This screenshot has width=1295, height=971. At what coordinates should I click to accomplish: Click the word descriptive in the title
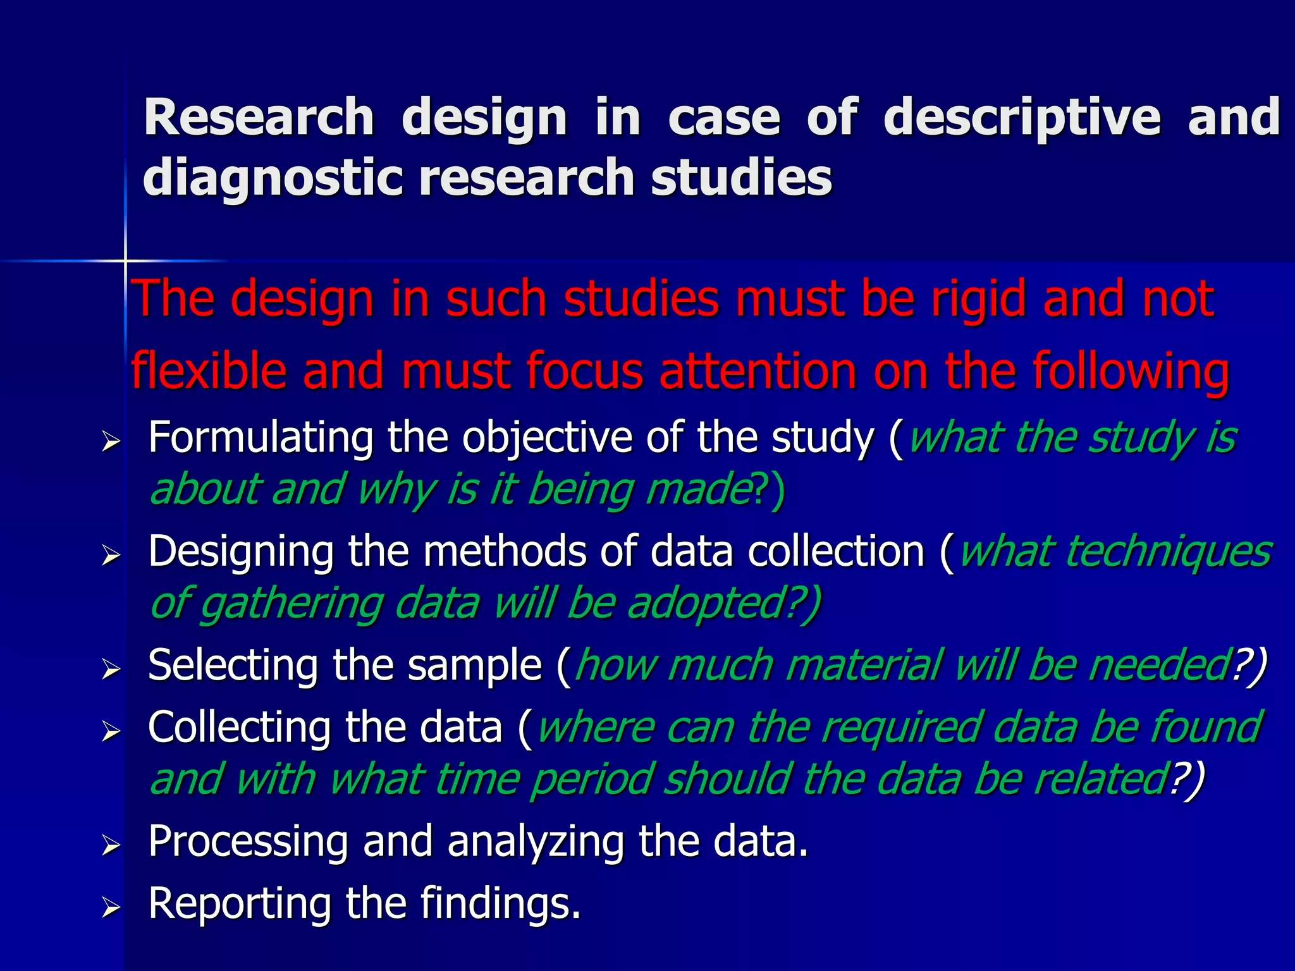click(x=1021, y=118)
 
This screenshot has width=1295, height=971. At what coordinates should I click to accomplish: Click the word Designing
click(x=241, y=551)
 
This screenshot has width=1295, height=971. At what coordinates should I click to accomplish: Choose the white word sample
click(x=474, y=665)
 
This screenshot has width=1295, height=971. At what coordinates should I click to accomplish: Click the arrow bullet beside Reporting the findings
click(x=111, y=908)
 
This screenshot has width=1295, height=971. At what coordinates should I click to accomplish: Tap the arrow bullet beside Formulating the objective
click(x=111, y=443)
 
